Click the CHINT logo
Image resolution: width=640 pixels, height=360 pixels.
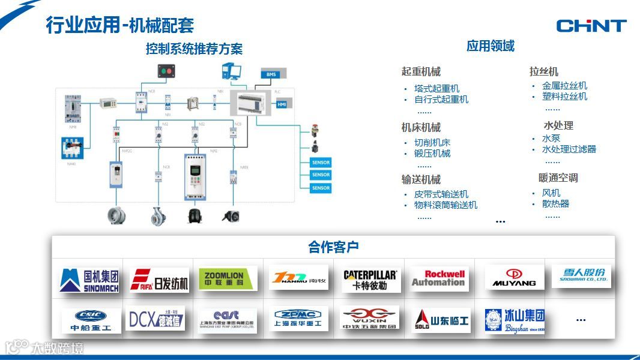591,25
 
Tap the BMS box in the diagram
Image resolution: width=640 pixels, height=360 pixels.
270,74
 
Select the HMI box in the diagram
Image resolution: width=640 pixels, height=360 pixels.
282,104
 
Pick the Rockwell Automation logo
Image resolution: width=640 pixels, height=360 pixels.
438,278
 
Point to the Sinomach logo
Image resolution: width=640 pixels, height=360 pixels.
89,280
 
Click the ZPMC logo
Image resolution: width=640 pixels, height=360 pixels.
298,319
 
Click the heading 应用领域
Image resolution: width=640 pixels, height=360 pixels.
491,46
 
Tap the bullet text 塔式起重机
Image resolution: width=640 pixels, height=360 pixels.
436,89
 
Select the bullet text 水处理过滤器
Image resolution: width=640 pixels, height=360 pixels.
569,149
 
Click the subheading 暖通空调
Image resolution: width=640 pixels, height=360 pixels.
558,178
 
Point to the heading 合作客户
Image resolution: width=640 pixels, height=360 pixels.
333,247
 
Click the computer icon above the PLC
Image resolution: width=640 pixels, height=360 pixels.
231,71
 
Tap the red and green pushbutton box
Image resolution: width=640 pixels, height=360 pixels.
166,71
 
